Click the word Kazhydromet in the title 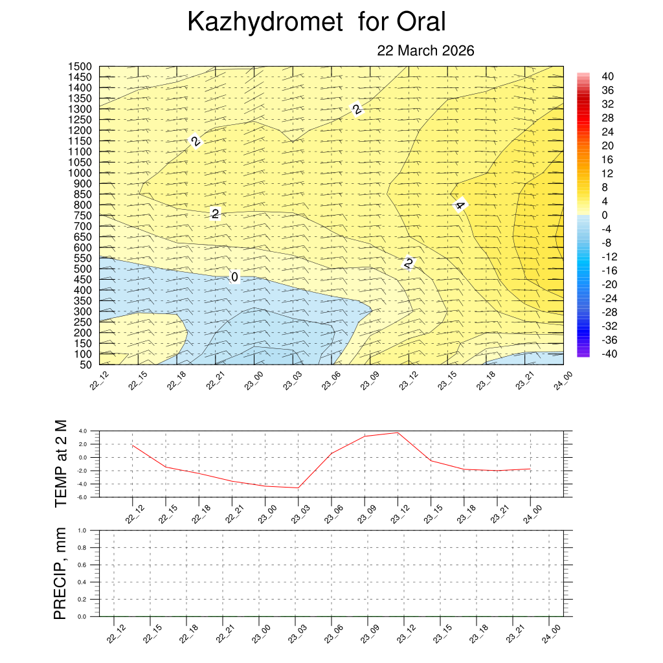[264, 23]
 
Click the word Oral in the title [421, 23]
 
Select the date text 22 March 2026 [425, 51]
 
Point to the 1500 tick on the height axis [80, 67]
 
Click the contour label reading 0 [235, 277]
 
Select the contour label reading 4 [460, 206]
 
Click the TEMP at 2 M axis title [61, 463]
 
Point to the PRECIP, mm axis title [60, 573]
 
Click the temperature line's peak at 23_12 [398, 433]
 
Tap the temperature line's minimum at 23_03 [298, 488]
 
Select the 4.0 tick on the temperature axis [83, 431]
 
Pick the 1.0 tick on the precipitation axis [83, 530]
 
